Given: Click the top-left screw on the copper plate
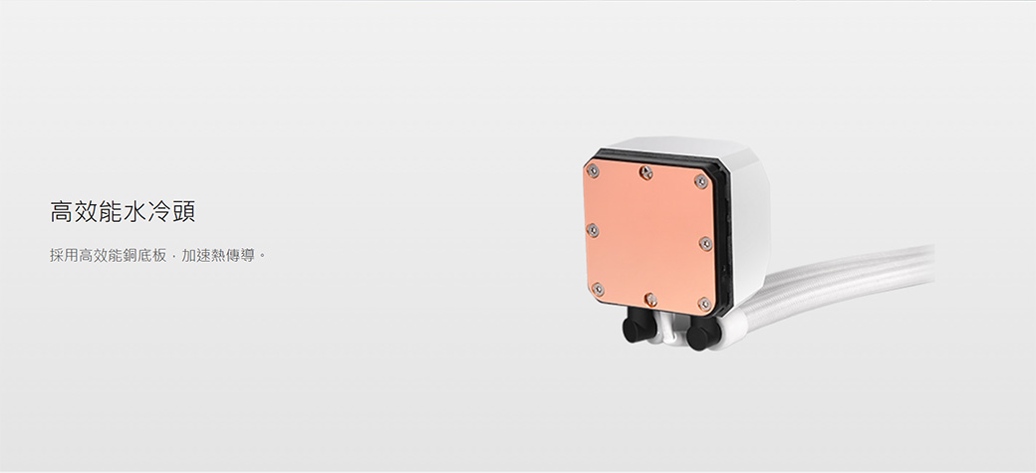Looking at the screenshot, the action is click(x=593, y=170).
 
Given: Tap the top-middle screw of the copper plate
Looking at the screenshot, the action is click(x=646, y=172).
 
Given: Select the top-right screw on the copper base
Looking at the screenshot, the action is click(x=701, y=181).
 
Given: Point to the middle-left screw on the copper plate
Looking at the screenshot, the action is click(x=593, y=230).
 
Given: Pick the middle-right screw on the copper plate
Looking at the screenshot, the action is click(x=705, y=243).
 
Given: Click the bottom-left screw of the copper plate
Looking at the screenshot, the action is click(x=598, y=289).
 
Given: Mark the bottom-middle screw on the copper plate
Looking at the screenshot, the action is click(x=650, y=299).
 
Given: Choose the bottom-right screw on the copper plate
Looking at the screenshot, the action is click(x=705, y=304).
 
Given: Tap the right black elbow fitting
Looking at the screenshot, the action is click(x=702, y=333).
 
